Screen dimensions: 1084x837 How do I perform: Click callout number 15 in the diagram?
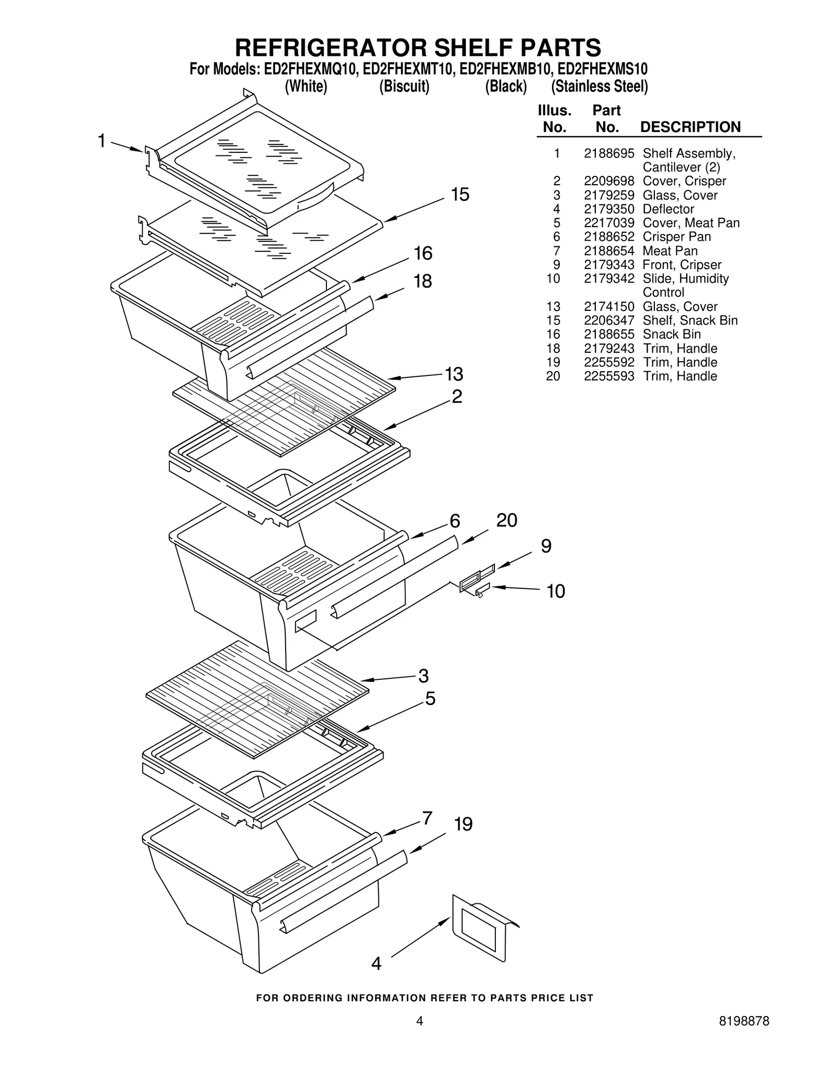460,195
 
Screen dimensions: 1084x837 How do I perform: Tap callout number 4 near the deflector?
376,964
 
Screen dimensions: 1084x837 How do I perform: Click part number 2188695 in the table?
608,153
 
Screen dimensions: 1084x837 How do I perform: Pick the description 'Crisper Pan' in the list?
676,237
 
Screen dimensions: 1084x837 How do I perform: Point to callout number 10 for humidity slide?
556,591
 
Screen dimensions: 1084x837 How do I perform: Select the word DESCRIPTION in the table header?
690,127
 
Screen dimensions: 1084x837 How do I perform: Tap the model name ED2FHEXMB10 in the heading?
504,69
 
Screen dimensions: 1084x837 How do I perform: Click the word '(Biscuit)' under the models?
404,86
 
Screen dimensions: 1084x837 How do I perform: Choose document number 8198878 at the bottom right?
743,1021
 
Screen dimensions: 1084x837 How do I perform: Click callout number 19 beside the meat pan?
463,824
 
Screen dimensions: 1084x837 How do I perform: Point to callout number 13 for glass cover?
454,374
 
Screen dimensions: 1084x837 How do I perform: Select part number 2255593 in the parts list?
608,376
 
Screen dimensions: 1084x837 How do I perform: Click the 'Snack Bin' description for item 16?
671,334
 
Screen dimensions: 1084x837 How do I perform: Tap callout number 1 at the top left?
102,141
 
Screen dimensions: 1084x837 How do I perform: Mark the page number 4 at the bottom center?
419,1021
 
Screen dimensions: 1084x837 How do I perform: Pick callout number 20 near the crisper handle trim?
506,520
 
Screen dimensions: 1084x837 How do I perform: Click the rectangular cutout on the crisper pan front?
306,621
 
